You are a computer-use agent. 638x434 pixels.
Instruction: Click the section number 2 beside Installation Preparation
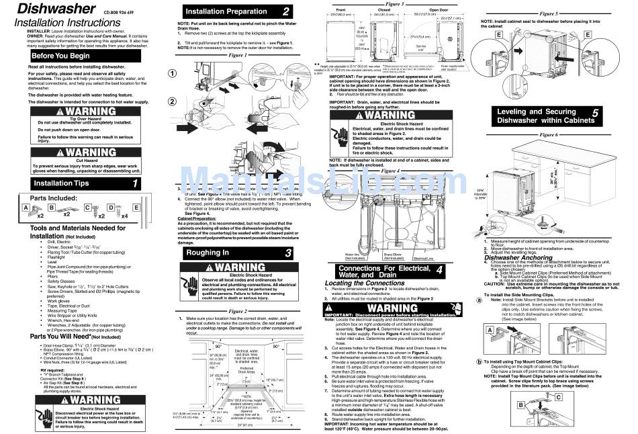tap(286, 11)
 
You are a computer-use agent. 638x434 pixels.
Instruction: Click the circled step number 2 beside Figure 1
tap(173, 101)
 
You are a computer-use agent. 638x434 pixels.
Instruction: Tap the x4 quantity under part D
tap(124, 216)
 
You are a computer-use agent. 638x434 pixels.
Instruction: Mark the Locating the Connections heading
tap(365, 283)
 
